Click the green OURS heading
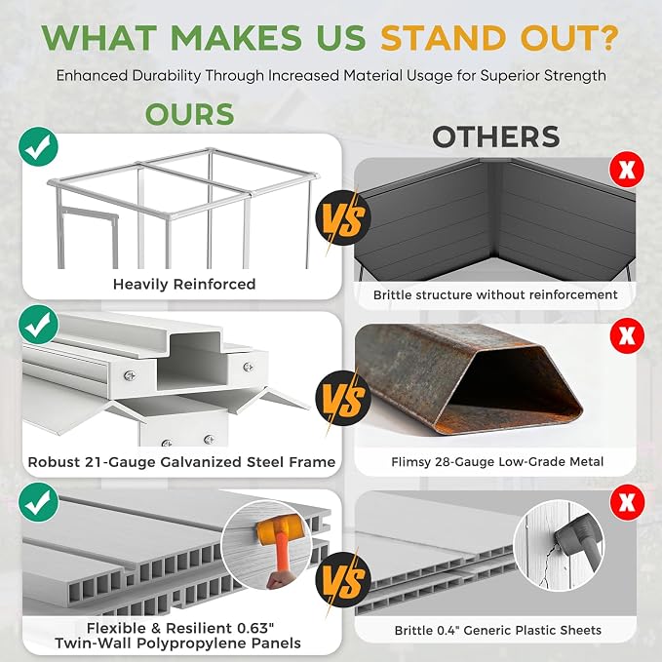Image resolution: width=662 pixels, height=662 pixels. point(189,114)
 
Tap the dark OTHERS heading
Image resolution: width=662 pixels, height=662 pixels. point(496,136)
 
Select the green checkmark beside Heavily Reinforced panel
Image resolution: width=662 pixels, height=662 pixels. point(38,146)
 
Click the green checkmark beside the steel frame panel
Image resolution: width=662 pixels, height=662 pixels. point(38,325)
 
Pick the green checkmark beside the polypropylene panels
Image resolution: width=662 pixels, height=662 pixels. point(38,502)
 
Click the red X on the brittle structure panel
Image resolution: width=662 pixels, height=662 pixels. point(627,170)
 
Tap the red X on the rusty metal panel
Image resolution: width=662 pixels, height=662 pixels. point(627,335)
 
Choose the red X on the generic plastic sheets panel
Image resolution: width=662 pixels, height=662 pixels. point(627,502)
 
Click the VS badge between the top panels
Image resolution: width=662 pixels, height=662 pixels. point(343,218)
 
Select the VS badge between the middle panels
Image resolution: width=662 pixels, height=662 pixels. point(343,398)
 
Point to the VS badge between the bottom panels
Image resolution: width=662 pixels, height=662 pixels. point(343,579)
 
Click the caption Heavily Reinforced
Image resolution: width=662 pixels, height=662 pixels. point(184,284)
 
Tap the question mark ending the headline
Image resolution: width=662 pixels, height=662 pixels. point(608,38)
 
